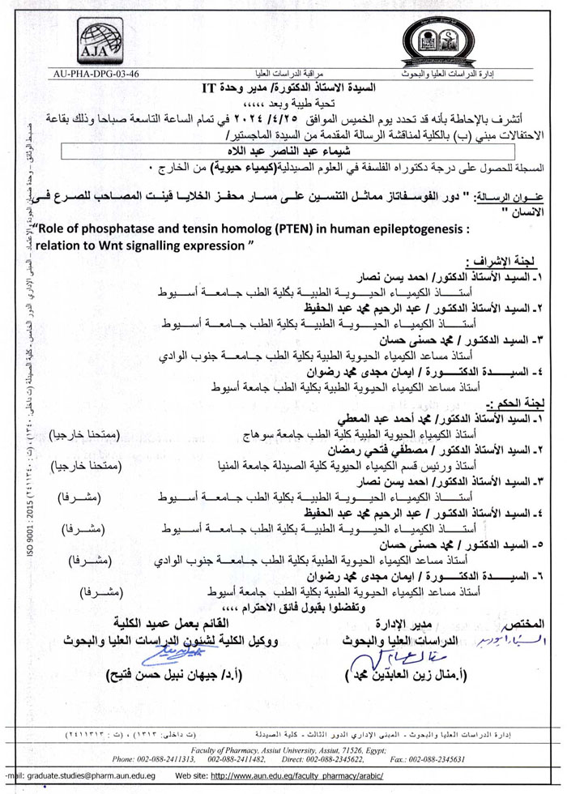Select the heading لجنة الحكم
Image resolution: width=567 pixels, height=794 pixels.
click(524, 401)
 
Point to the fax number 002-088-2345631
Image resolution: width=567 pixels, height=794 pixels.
click(445, 758)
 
